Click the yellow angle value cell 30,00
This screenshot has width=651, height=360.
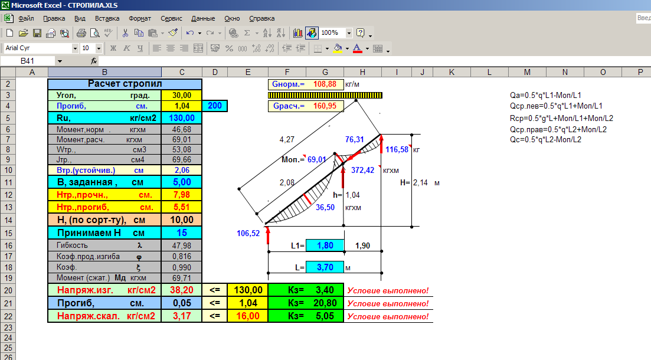click(x=182, y=95)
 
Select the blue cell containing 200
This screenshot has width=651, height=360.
click(x=215, y=106)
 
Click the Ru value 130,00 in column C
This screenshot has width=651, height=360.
click(x=182, y=118)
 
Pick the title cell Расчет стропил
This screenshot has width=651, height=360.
click(x=125, y=84)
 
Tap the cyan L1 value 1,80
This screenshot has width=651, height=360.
click(x=325, y=246)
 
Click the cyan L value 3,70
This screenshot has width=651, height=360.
click(x=325, y=267)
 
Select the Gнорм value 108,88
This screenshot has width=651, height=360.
click(x=325, y=84)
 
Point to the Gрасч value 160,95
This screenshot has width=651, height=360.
click(x=325, y=106)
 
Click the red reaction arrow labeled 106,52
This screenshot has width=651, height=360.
click(x=268, y=234)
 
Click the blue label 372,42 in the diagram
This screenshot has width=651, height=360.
click(x=362, y=170)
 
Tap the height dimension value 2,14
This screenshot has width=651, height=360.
click(x=420, y=183)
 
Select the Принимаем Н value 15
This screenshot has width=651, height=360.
click(x=182, y=233)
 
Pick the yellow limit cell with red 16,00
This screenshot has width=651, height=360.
click(x=248, y=316)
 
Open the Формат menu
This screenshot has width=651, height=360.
click(x=140, y=18)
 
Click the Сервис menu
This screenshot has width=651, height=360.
click(x=172, y=18)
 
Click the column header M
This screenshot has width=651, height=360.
click(x=527, y=72)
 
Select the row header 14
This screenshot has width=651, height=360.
click(x=8, y=220)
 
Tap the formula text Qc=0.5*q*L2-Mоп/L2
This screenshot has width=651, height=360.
click(x=545, y=139)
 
